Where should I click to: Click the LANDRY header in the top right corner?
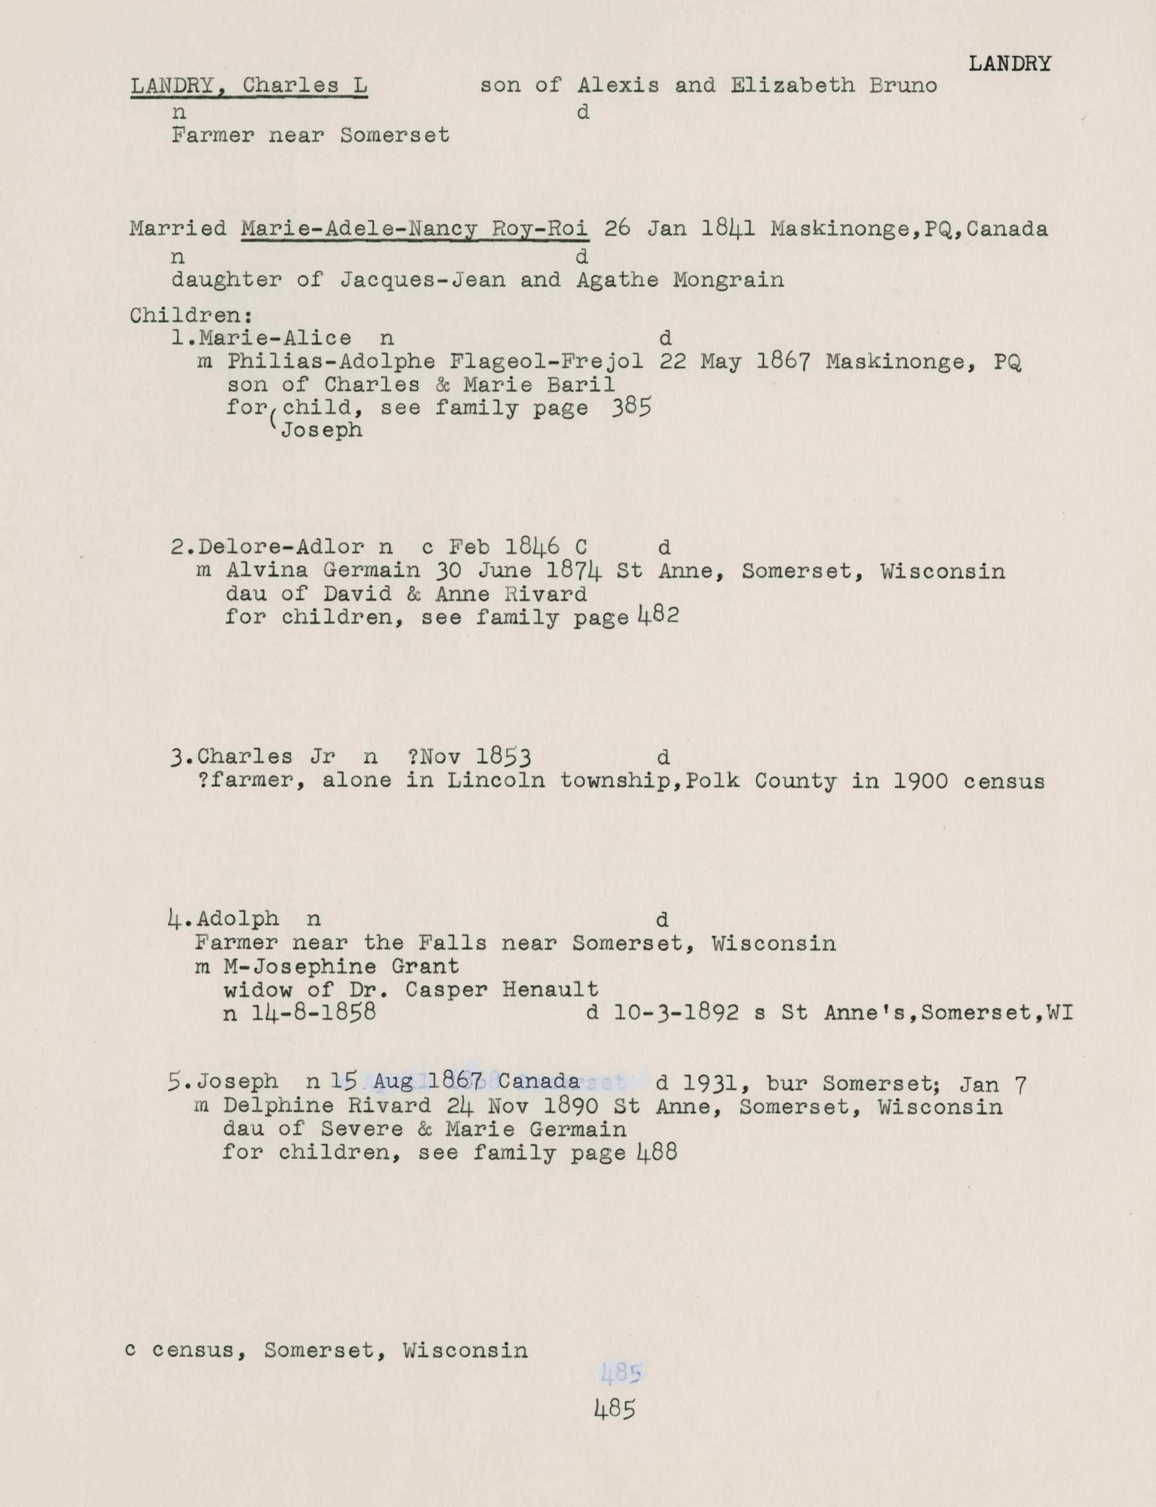pyautogui.click(x=1010, y=64)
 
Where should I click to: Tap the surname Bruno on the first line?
pyautogui.click(x=903, y=85)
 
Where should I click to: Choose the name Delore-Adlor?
pyautogui.click(x=281, y=547)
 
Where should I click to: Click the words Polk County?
pyautogui.click(x=796, y=781)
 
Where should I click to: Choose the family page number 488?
pyautogui.click(x=658, y=1152)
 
